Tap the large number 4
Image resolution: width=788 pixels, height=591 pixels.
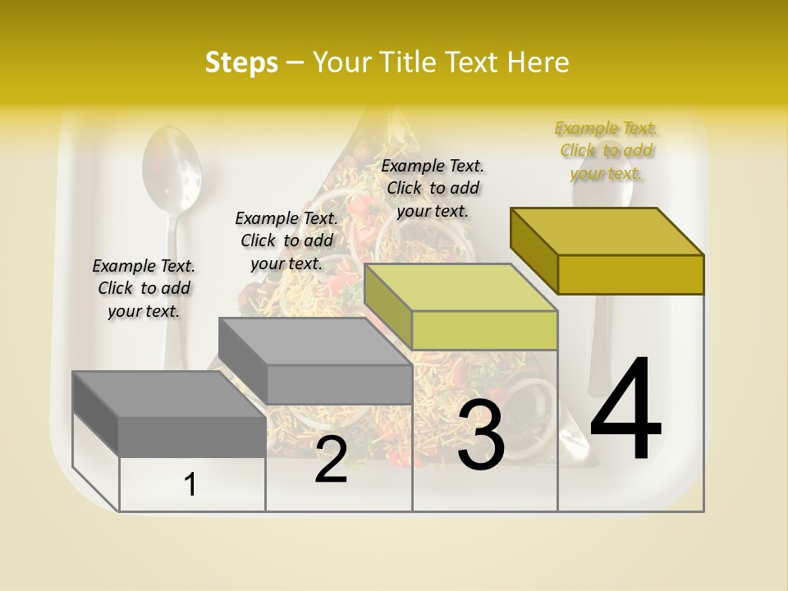point(625,410)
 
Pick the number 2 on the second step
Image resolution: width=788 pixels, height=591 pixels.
point(331,460)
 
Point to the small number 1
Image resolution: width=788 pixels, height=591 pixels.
point(190,485)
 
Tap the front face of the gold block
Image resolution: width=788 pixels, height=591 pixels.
point(630,275)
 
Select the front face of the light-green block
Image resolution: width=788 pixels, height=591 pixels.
point(484,331)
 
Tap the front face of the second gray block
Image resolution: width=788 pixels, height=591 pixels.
point(339,384)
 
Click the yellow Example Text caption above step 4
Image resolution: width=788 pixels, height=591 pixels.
point(606,151)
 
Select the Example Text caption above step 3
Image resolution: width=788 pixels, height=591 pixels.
point(433,188)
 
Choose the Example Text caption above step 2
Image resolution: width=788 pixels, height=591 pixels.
point(286,241)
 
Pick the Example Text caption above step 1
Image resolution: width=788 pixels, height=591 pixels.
point(144,288)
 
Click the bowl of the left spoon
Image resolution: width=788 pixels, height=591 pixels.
point(172,164)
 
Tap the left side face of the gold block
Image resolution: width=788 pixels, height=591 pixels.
point(534,247)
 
